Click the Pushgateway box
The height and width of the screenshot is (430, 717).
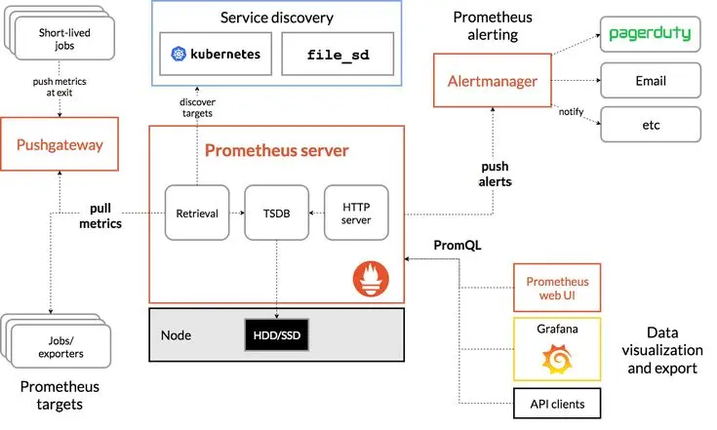coord(60,146)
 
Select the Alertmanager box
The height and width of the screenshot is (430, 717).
coord(493,81)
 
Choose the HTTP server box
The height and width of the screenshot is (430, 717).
coord(354,212)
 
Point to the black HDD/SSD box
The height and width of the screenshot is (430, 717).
coord(277,334)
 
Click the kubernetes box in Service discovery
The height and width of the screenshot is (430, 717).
coord(215,54)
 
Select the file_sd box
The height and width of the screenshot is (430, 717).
coord(338,54)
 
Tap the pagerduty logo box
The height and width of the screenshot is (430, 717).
coord(650,34)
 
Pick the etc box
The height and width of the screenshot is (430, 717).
coord(650,125)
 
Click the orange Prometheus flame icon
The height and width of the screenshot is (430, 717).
coord(369,281)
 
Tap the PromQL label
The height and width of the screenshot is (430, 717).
coord(458,247)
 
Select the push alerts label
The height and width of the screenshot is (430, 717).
coord(496,174)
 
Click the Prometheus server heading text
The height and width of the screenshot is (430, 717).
coord(276,151)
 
